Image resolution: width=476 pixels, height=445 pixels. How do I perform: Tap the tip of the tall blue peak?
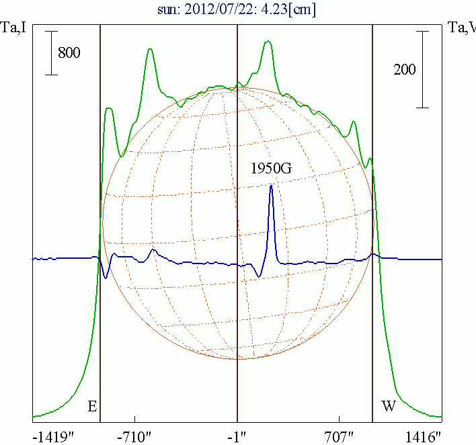[271, 186]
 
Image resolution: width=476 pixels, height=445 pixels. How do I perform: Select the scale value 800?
[69, 52]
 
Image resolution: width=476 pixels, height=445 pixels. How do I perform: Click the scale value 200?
[405, 69]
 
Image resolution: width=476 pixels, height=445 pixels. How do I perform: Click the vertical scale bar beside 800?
[51, 52]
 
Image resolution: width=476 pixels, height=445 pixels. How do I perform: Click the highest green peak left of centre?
[150, 49]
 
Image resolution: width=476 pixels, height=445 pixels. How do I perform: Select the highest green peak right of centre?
[268, 42]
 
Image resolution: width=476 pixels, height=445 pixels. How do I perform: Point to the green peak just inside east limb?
[109, 109]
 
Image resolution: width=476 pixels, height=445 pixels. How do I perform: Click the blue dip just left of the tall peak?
[260, 276]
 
